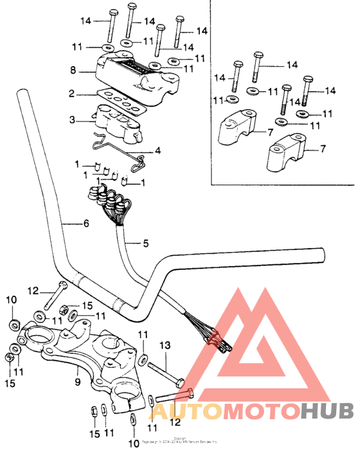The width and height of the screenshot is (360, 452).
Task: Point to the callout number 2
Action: point(73,95)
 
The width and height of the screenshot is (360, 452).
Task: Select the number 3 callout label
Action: point(73,120)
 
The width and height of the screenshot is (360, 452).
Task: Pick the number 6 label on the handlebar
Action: point(85,224)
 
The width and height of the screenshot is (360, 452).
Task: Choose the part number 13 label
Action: point(165,346)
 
